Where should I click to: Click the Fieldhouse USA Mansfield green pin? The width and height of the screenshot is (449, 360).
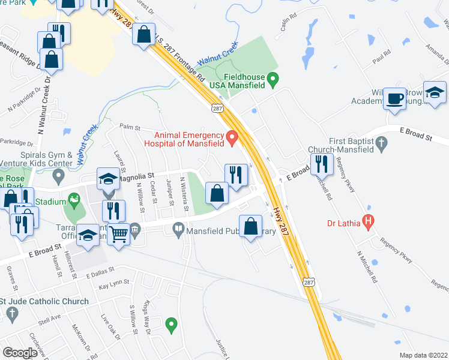click(x=273, y=77)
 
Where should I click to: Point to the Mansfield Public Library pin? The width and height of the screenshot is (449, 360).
click(x=178, y=229)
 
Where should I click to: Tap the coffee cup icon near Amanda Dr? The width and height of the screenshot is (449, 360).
click(x=394, y=98)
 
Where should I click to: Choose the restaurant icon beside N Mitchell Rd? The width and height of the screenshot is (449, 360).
click(x=322, y=163)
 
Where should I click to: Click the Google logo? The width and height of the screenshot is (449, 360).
click(x=20, y=353)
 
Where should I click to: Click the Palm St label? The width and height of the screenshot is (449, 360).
click(x=129, y=128)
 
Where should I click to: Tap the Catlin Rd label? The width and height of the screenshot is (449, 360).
click(x=289, y=23)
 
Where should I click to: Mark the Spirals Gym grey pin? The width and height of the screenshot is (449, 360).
click(x=58, y=176)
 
